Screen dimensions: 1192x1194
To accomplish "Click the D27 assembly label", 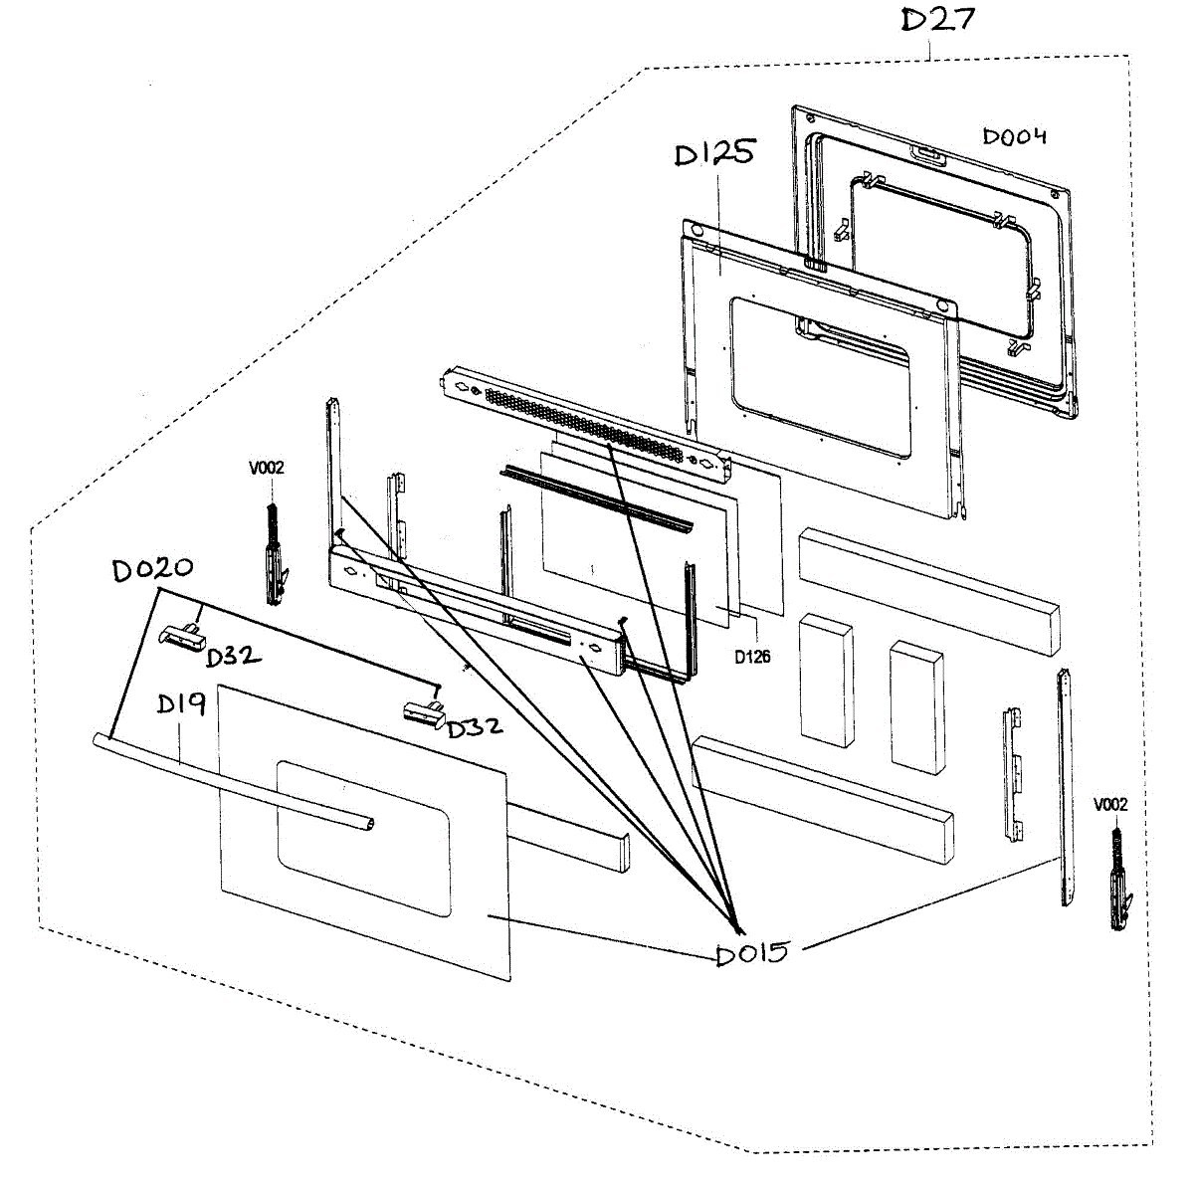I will pos(937,20).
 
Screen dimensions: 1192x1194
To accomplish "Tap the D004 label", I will pos(1014,136).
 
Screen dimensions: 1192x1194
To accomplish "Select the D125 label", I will pos(714,154).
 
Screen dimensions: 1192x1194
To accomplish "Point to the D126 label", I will pos(752,657).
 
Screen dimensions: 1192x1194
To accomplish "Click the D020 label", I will pos(152,570).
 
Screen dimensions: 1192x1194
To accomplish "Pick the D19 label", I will pos(181,704).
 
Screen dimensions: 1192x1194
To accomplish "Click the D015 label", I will pos(752,953).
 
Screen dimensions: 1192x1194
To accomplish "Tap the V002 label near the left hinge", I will pos(266,468).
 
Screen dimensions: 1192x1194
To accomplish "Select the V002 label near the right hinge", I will pos(1110,804).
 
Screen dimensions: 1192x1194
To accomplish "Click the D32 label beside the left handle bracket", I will pos(234,657).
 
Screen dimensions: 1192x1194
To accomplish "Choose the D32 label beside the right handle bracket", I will pos(474,727).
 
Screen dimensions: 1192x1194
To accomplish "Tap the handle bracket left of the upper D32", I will pos(180,635).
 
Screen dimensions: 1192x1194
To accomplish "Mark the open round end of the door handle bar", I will pos(370,822).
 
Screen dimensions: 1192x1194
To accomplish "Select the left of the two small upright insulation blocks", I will pos(826,680).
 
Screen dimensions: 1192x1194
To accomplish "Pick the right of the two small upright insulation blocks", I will pos(917,706).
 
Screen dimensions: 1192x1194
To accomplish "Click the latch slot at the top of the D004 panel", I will pos(928,153).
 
